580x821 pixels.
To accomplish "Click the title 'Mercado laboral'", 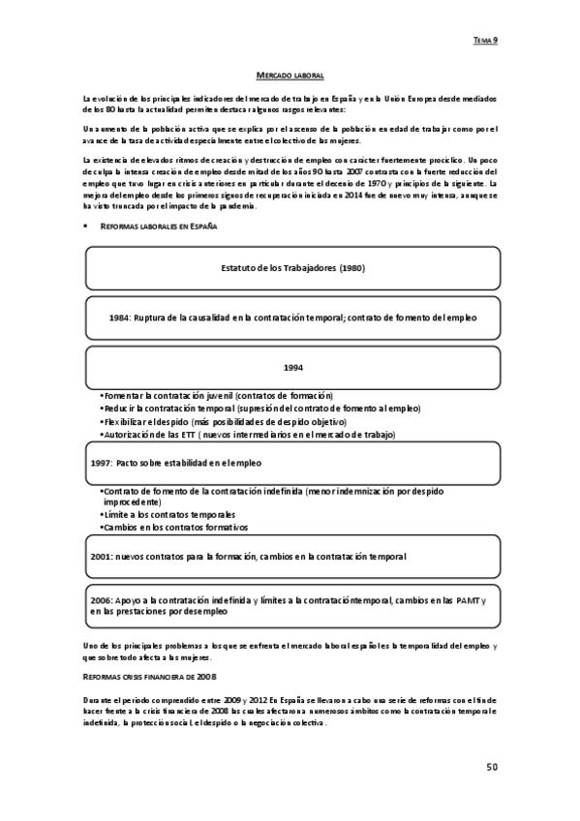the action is [290, 75].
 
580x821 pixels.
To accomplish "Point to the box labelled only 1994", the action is [292, 367].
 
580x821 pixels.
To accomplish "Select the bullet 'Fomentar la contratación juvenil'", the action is [217, 397].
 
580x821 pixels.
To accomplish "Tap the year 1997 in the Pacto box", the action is [100, 463].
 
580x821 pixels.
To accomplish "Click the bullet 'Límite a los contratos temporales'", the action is [170, 515].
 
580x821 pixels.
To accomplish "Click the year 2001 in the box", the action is [100, 557].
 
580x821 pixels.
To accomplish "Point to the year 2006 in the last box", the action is [102, 601].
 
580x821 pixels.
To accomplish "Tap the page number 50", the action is [492, 767].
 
